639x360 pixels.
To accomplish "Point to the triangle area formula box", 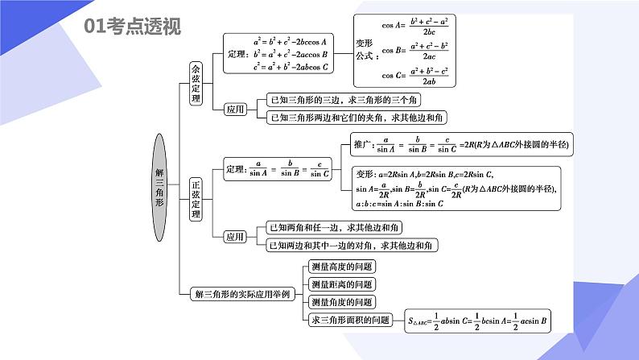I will coord(477,321).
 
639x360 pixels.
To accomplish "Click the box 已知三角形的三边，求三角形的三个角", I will coord(343,100).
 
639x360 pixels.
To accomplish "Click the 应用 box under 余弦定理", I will coord(234,109).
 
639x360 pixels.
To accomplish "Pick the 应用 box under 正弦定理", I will coord(234,237).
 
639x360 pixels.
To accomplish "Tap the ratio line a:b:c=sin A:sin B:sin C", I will coord(400,204).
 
